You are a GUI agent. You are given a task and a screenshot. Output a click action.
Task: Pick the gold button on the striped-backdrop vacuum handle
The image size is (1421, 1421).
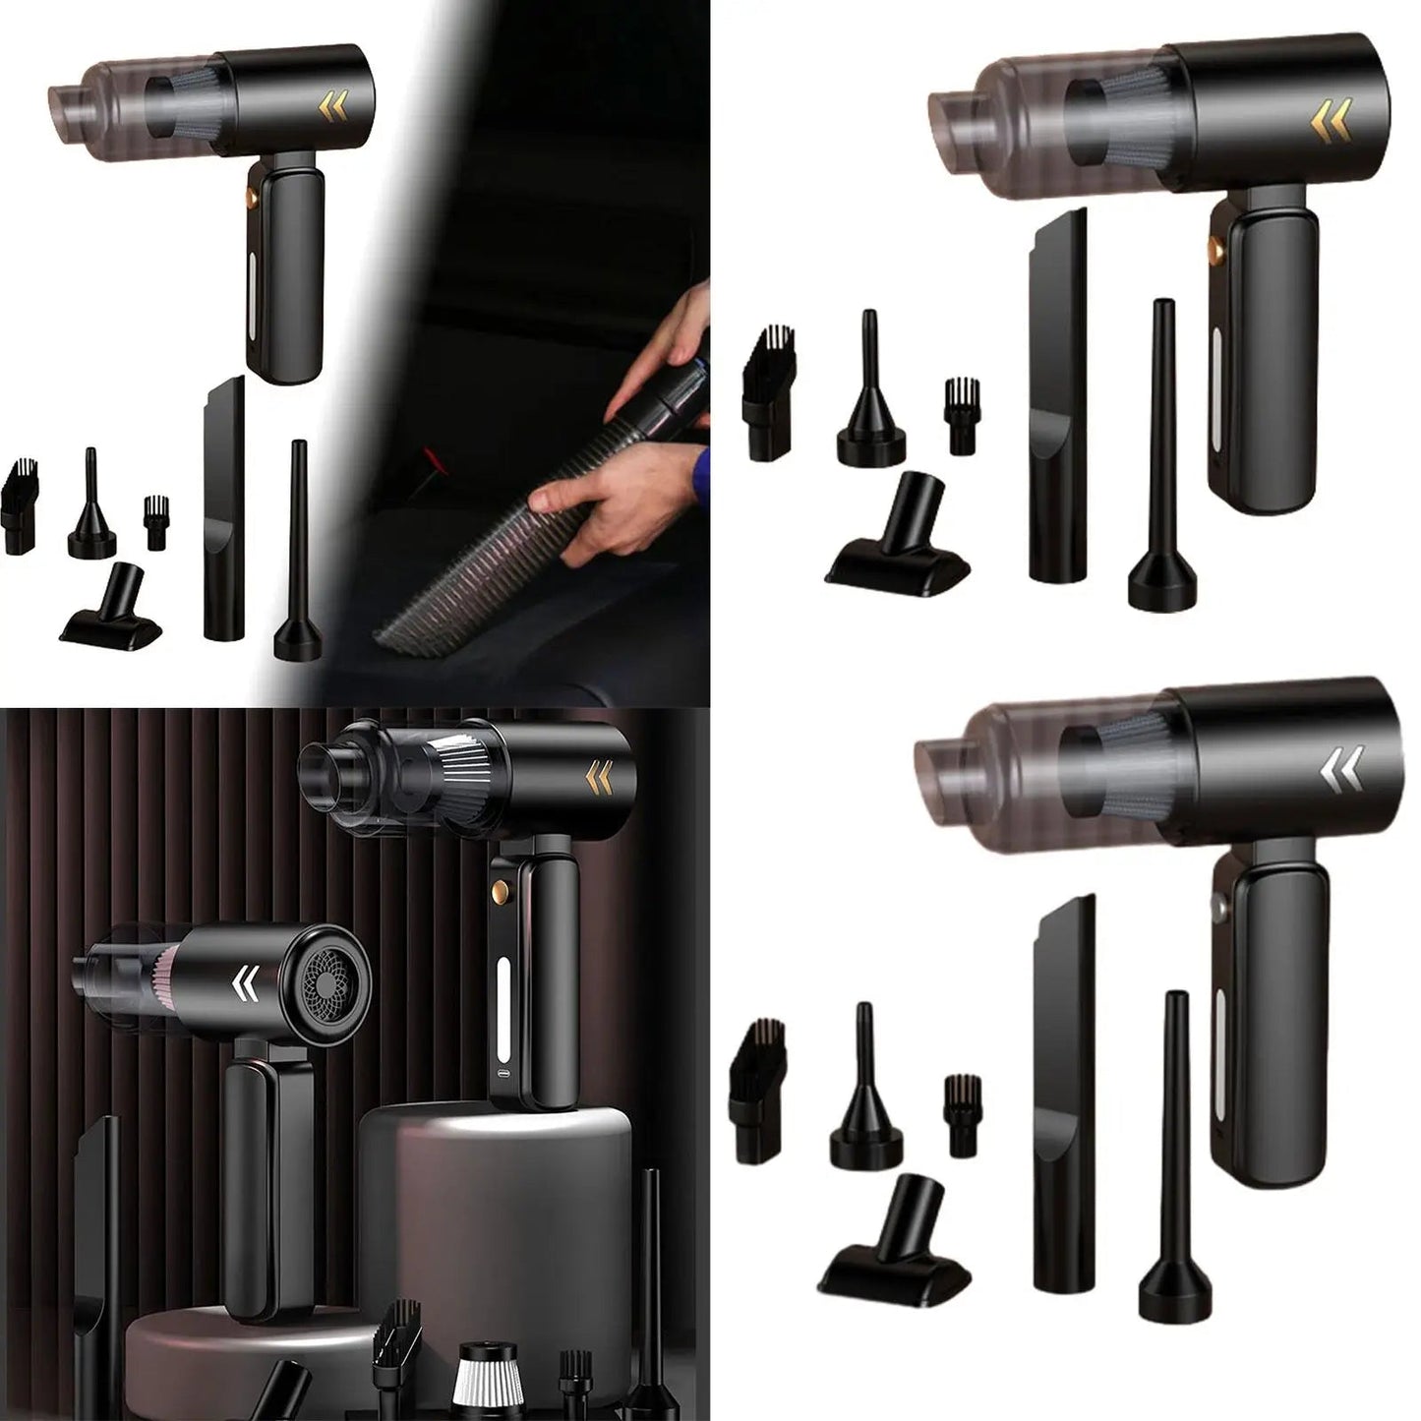click(501, 892)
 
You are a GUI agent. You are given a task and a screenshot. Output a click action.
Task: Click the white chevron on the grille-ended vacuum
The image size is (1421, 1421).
click(247, 983)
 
